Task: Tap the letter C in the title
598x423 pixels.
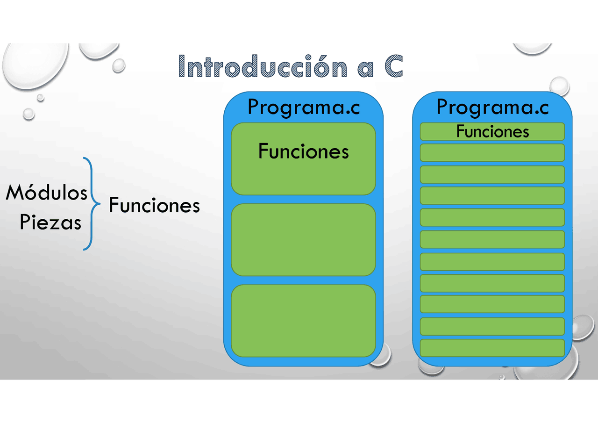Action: (x=394, y=67)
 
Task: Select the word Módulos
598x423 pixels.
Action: (x=47, y=193)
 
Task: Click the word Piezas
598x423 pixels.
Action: (x=50, y=222)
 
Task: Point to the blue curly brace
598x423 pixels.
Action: (x=92, y=204)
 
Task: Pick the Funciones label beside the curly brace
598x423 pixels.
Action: (x=154, y=205)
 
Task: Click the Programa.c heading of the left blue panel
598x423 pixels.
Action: (x=304, y=107)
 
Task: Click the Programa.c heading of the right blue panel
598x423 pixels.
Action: (x=492, y=107)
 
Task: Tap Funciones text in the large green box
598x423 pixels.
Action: (x=304, y=151)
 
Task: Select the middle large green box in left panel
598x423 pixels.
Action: (x=303, y=240)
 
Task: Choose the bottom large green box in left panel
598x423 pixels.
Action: (x=303, y=321)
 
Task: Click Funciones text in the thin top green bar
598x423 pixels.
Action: (x=492, y=132)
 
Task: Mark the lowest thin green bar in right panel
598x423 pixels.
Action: (x=492, y=348)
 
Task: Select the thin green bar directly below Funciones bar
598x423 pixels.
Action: (x=492, y=153)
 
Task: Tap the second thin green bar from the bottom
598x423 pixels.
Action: (x=492, y=326)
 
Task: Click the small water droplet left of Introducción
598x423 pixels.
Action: (x=119, y=65)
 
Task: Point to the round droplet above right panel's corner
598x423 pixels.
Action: (x=559, y=86)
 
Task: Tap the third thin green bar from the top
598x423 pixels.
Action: (x=492, y=174)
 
